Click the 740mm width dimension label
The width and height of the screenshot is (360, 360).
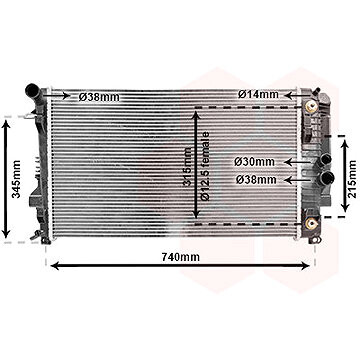(x=181, y=258)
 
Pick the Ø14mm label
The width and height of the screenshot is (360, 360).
(x=257, y=95)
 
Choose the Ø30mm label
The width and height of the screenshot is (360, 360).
(x=256, y=161)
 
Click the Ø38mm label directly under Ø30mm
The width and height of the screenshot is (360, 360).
(x=256, y=180)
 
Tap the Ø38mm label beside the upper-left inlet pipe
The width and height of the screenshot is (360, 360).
(x=101, y=98)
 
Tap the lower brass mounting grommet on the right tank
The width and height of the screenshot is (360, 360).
(x=313, y=221)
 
